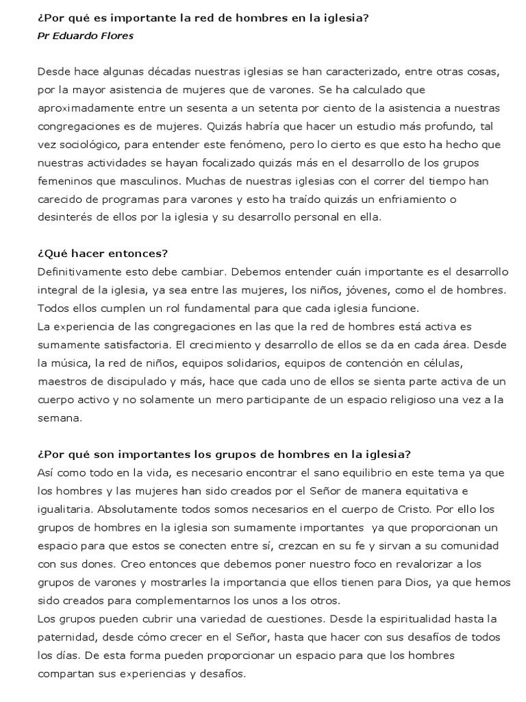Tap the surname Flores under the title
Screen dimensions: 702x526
click(116, 36)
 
